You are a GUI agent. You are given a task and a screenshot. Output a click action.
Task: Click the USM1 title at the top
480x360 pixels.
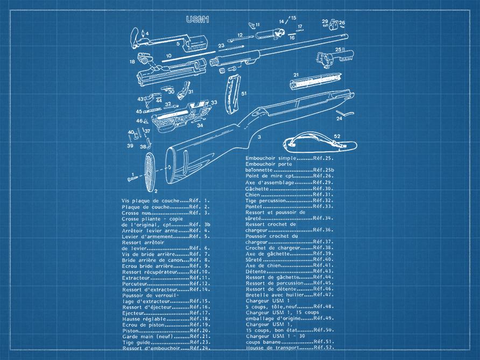click(x=197, y=19)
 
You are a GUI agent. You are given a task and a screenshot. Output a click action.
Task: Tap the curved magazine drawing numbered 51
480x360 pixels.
click(x=232, y=95)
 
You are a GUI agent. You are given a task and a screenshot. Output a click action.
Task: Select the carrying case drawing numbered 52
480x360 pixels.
click(x=320, y=143)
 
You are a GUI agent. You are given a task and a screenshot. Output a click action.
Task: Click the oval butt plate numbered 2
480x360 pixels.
click(x=150, y=172)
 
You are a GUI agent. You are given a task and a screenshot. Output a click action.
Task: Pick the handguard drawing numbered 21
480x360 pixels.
click(x=315, y=81)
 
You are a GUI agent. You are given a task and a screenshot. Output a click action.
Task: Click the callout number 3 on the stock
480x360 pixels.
click(x=259, y=137)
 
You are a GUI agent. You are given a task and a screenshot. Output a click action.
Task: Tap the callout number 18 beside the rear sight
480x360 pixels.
click(x=132, y=62)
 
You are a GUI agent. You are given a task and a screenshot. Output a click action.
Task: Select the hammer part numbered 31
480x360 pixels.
click(x=183, y=90)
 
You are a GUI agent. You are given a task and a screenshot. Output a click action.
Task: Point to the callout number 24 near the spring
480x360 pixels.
click(x=339, y=118)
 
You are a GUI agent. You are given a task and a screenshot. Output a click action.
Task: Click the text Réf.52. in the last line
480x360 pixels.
click(x=324, y=348)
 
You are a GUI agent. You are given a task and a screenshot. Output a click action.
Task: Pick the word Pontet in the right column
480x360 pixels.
click(x=254, y=207)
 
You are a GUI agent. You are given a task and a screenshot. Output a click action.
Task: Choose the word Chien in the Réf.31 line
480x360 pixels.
click(x=252, y=195)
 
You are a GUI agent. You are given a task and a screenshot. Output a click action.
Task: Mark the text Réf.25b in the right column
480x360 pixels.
click(x=323, y=170)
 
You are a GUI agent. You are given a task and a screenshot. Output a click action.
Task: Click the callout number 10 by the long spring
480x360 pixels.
click(x=168, y=56)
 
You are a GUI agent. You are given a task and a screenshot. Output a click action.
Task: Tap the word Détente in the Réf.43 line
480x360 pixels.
click(x=256, y=272)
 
